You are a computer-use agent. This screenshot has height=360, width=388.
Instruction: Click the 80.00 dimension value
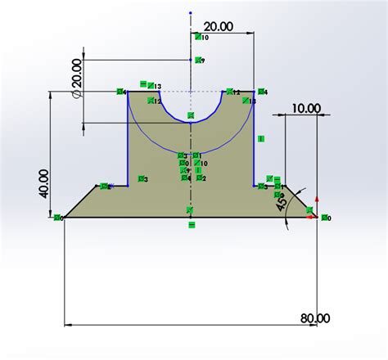(315, 317)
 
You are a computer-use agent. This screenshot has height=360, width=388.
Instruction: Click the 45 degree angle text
(282, 202)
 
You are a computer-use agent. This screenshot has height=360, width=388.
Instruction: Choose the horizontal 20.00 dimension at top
(217, 26)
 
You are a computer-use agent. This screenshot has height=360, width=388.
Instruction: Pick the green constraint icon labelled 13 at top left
(146, 84)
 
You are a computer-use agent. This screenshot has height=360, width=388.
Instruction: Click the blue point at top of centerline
(191, 13)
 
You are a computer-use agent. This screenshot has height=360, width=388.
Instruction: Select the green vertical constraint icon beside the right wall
(261, 139)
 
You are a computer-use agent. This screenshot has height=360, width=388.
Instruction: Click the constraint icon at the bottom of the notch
(191, 116)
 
